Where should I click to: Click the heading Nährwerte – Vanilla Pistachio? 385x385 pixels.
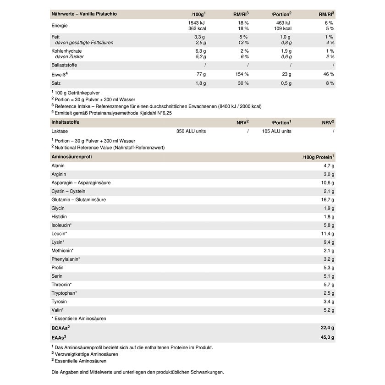click(x=84, y=14)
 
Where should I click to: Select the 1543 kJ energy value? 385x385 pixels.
click(x=197, y=22)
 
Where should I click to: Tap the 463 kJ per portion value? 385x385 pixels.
click(x=283, y=22)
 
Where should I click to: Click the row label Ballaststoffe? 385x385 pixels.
click(x=65, y=65)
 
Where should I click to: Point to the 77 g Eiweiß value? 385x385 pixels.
click(x=201, y=74)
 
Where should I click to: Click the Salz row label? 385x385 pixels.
click(x=56, y=83)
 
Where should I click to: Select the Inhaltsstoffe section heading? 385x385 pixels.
click(x=66, y=122)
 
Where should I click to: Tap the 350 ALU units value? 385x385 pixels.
click(x=191, y=131)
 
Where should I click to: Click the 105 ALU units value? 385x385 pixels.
click(x=276, y=131)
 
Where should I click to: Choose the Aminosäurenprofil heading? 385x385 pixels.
click(x=71, y=157)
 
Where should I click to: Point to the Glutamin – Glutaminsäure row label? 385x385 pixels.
click(x=78, y=200)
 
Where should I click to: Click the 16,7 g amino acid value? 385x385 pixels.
click(x=327, y=200)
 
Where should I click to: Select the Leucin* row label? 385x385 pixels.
click(x=59, y=234)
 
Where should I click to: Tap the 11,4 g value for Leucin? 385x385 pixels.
click(x=327, y=234)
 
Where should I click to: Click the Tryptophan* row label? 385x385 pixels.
click(x=64, y=293)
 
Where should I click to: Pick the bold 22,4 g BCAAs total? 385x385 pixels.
click(x=326, y=328)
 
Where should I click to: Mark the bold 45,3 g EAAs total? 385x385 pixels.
click(x=326, y=337)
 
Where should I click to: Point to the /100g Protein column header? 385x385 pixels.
click(x=318, y=157)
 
